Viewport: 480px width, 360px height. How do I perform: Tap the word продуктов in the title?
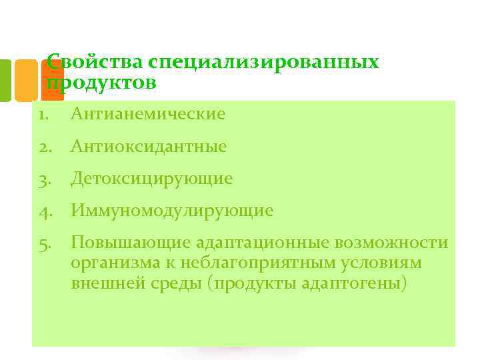102,83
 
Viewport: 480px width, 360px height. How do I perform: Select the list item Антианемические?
148,114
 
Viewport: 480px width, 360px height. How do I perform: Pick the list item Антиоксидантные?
149,146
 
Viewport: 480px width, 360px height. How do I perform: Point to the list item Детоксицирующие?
151,179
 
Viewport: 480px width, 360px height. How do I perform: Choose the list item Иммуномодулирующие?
172,211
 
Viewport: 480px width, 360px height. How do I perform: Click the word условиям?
383,263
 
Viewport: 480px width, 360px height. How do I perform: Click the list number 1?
43,114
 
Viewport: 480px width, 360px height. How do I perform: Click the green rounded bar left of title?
5,80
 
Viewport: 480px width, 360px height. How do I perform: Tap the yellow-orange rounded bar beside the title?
26,80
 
